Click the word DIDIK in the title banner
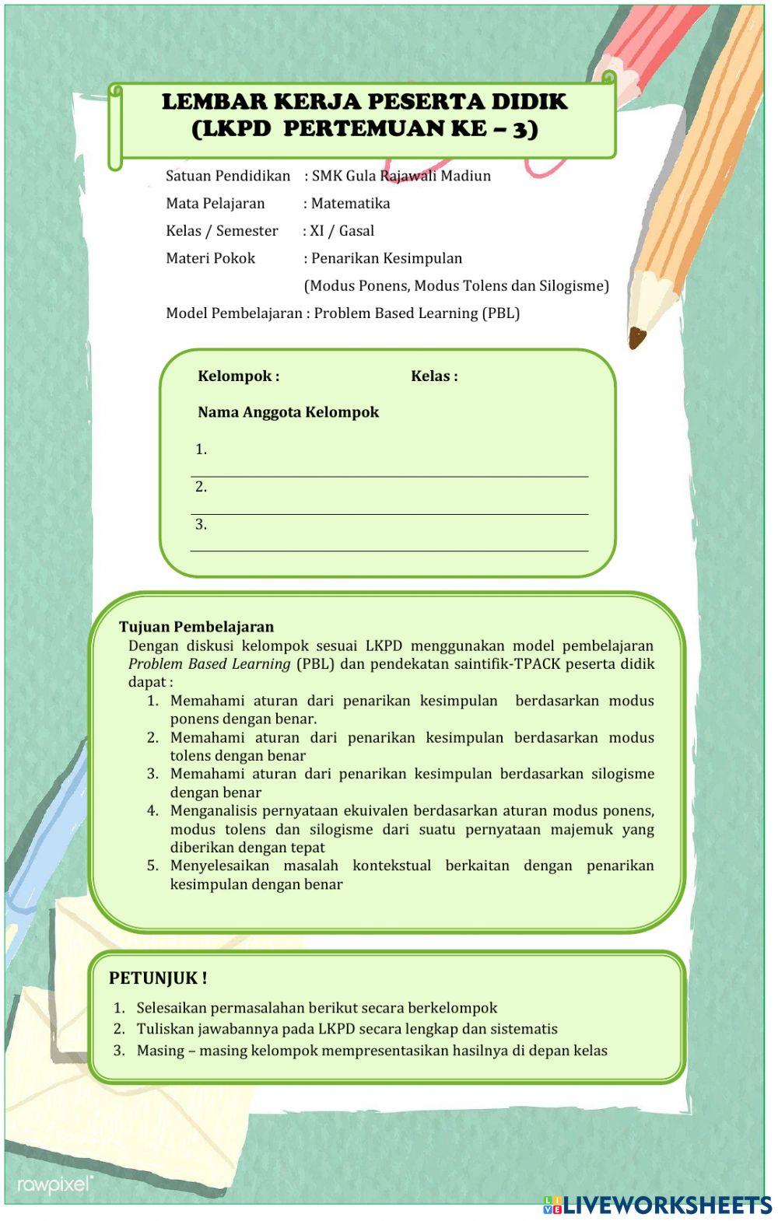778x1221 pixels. click(x=528, y=102)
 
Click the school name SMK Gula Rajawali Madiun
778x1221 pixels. click(x=401, y=176)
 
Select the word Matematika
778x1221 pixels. click(x=350, y=204)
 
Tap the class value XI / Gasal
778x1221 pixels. click(x=342, y=231)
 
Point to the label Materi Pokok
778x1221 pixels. click(x=210, y=258)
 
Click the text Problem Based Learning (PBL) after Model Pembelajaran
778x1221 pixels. click(x=416, y=313)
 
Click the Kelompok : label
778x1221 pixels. click(x=238, y=376)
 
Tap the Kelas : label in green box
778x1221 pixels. click(x=434, y=376)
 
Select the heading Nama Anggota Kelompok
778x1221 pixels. click(x=288, y=412)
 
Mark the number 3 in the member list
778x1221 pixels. click(x=201, y=525)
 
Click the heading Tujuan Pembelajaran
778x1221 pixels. click(x=196, y=627)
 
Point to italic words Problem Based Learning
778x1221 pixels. click(x=209, y=664)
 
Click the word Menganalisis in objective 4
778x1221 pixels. click(x=213, y=811)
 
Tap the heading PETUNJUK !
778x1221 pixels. click(x=158, y=978)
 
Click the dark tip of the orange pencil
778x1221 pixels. click(x=636, y=338)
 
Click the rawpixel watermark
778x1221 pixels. click(x=54, y=1184)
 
